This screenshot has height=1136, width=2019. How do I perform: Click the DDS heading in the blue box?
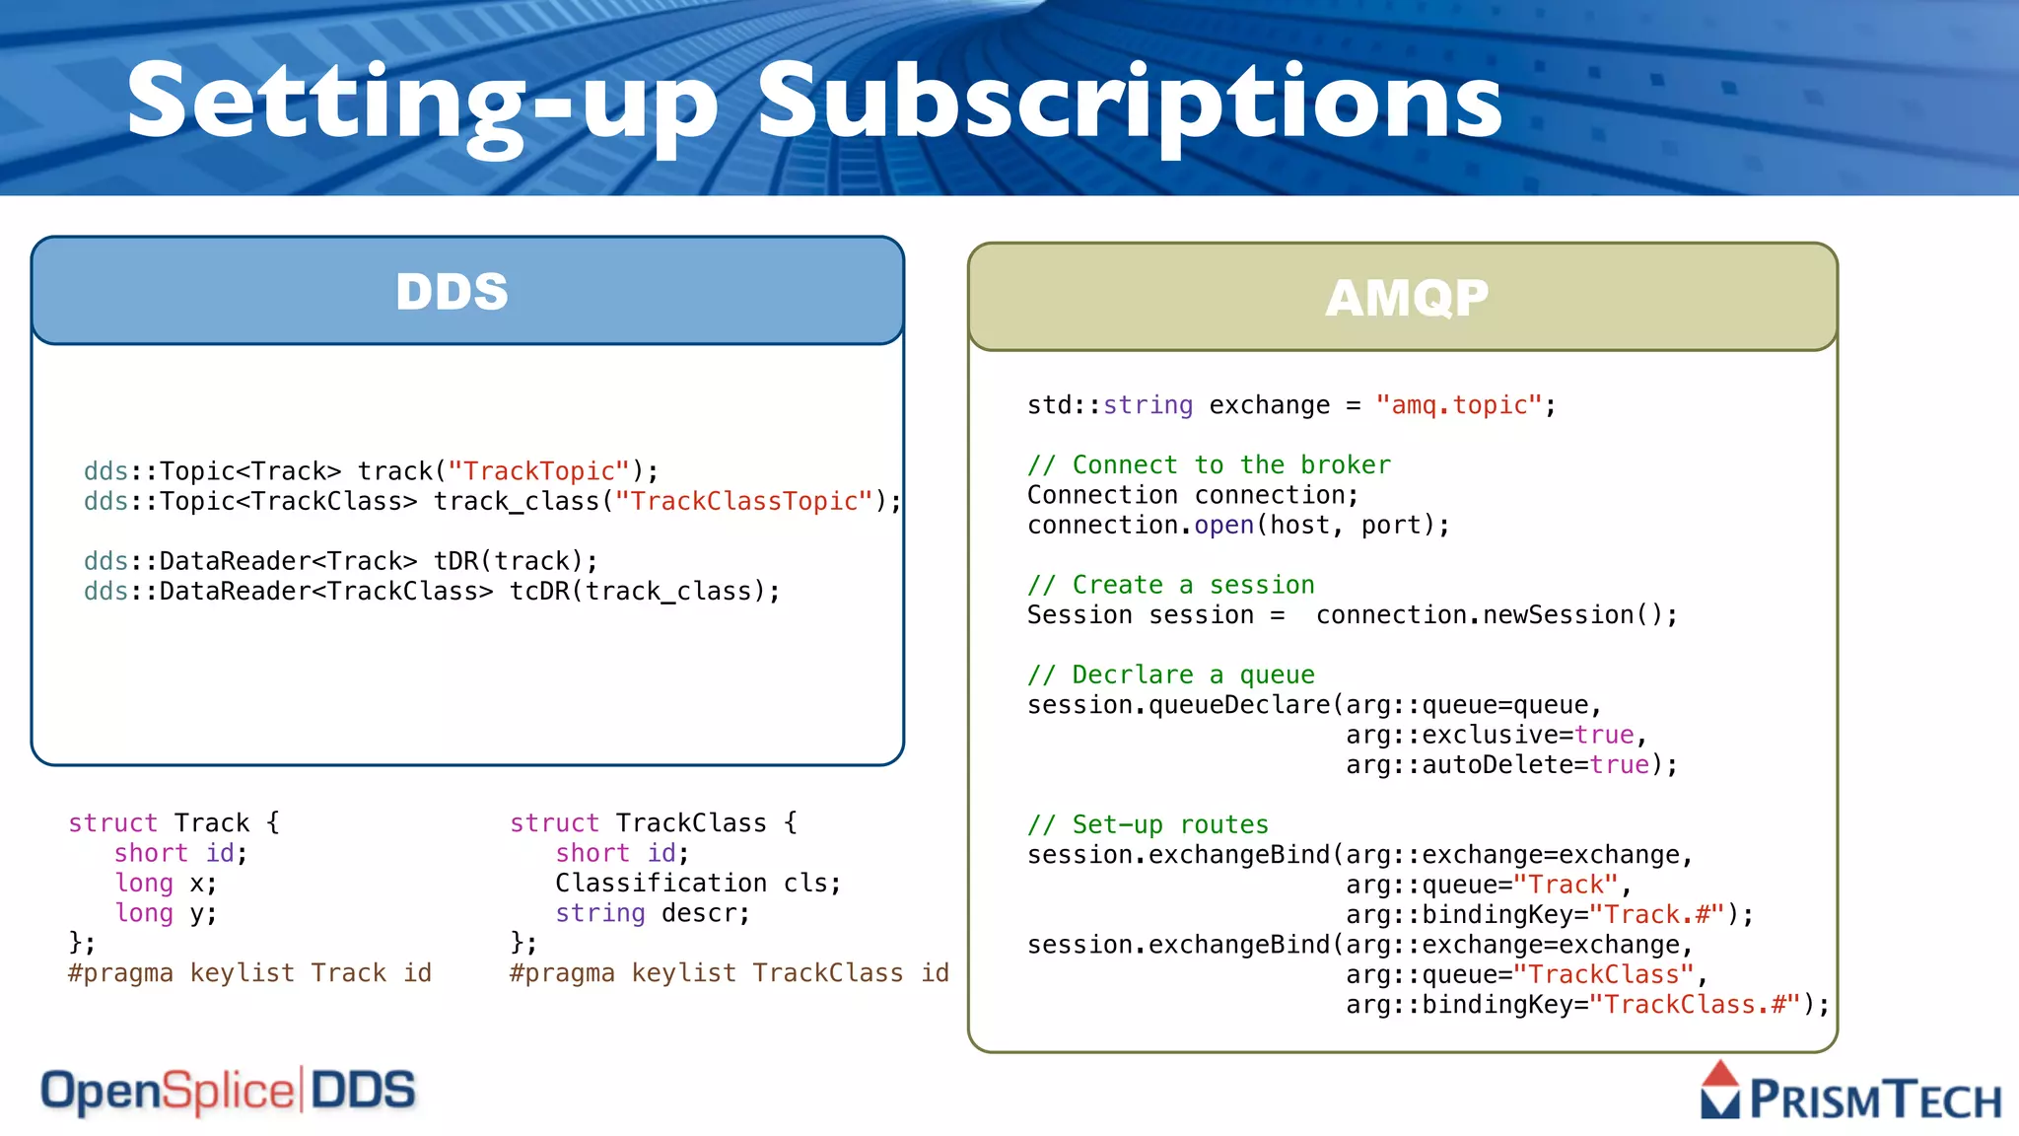coord(453,292)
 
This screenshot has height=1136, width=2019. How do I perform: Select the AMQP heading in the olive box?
coord(1407,298)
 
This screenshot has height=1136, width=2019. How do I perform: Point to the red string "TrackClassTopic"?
coord(744,502)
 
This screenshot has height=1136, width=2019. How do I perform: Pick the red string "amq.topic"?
coord(1459,405)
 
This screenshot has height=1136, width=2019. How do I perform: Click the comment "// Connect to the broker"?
coord(1209,465)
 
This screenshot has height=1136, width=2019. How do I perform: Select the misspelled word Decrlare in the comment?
coord(1133,675)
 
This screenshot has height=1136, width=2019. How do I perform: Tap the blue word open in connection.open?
coord(1223,526)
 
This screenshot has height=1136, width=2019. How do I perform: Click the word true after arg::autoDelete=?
coord(1620,765)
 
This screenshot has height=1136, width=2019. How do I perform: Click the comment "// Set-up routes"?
coord(1148,825)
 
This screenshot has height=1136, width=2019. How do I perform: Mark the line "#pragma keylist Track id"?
coord(249,973)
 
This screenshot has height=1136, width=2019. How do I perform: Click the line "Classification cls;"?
coord(698,884)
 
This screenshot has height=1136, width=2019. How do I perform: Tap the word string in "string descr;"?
coord(599,914)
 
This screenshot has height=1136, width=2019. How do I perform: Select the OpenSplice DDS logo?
coord(228,1092)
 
